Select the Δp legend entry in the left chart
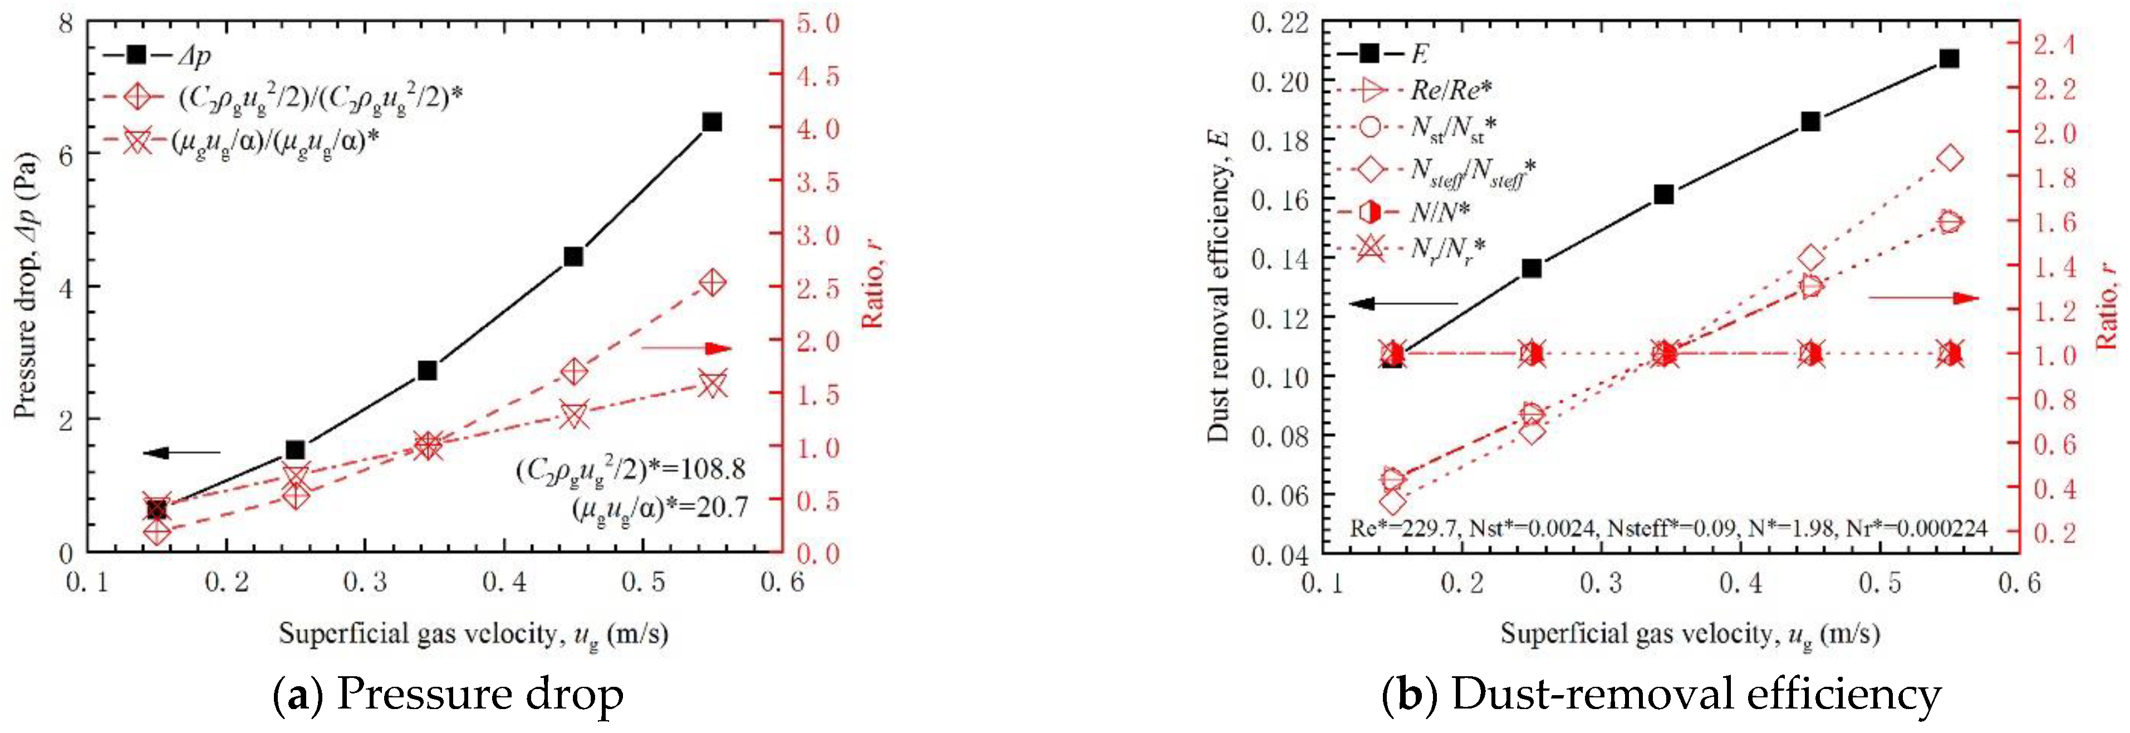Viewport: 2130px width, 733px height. (157, 55)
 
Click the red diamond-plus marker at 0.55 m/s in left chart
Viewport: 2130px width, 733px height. (712, 283)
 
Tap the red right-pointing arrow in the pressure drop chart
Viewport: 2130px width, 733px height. (686, 348)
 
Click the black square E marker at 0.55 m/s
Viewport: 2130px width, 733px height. (1950, 58)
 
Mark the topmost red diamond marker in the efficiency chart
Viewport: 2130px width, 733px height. (1950, 158)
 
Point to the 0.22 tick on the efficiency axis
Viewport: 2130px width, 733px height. (1279, 22)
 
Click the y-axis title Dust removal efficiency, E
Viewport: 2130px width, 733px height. (1218, 285)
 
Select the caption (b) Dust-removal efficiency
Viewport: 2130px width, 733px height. (1661, 694)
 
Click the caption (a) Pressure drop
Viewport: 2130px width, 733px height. (448, 694)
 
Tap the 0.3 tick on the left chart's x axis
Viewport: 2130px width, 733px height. (365, 583)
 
